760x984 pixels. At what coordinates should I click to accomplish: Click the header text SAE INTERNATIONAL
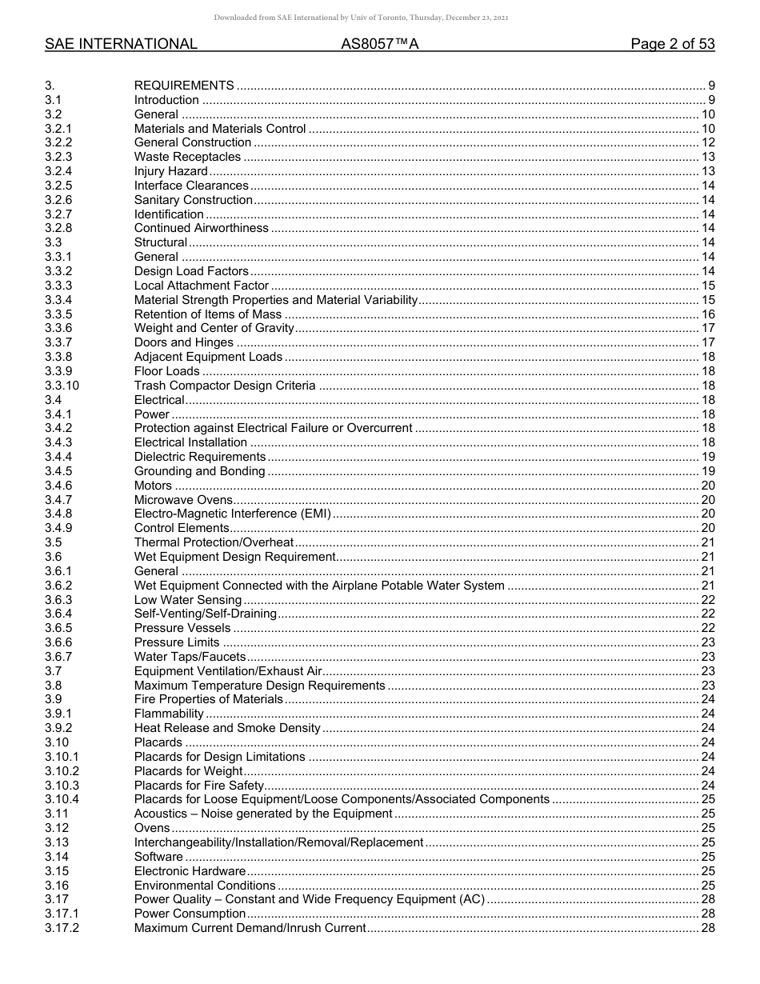121,44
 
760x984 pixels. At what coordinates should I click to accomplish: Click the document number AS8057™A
380,44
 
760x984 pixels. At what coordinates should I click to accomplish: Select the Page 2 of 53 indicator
672,44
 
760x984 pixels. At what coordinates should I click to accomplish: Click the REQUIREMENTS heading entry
184,86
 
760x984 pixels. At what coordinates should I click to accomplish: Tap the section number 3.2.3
58,157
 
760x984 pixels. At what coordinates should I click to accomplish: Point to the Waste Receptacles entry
187,157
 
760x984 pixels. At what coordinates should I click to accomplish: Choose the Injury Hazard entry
171,171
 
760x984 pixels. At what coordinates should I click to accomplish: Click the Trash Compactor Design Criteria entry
225,386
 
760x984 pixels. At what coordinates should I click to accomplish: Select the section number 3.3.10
62,386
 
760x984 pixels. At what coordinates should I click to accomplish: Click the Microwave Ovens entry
172,500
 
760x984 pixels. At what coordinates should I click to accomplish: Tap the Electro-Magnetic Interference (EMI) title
232,514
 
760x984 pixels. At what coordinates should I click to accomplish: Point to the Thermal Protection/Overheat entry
214,542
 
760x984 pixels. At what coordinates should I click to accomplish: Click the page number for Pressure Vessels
707,628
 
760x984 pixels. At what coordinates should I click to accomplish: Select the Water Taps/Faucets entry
190,657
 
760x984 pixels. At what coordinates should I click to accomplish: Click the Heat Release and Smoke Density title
227,728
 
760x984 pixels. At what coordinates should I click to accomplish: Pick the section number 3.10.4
62,799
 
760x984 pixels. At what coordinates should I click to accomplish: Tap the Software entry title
158,857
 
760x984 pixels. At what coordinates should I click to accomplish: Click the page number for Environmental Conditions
707,886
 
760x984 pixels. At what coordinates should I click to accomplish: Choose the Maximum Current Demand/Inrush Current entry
250,928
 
